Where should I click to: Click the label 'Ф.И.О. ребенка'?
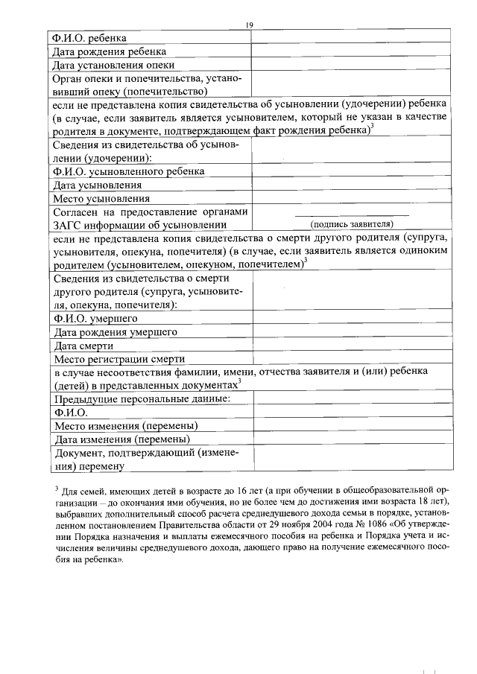(89, 38)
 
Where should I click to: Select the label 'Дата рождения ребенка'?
(108, 51)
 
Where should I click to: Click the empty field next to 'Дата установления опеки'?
(350, 65)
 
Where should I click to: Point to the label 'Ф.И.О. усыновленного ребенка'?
(127, 171)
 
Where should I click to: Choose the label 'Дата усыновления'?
(97, 185)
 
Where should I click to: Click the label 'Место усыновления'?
(101, 198)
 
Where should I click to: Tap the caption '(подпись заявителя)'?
(351, 223)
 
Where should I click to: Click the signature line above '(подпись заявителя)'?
(351, 216)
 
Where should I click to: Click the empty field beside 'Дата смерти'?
(350, 346)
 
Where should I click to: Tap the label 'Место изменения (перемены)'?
(126, 426)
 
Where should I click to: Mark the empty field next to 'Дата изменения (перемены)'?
(350, 439)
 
